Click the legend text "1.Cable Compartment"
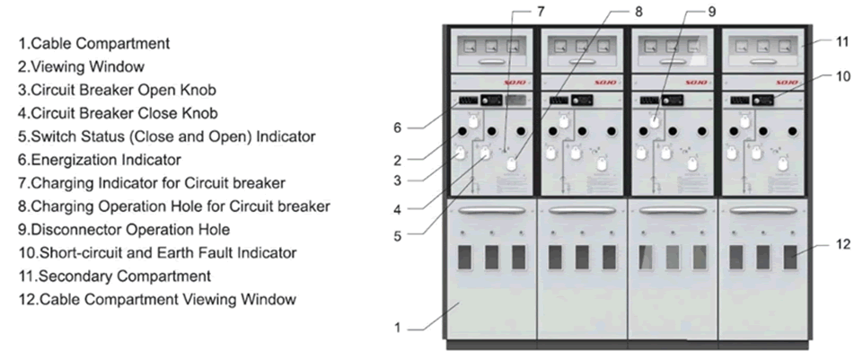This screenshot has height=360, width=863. point(94,43)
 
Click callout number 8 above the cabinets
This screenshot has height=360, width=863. point(639,12)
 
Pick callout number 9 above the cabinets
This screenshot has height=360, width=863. point(711,12)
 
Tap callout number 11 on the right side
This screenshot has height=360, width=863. point(842,41)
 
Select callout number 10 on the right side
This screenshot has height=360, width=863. point(842,76)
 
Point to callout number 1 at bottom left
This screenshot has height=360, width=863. point(397,328)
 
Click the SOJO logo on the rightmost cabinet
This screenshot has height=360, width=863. point(788,82)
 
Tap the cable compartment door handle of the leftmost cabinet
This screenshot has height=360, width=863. point(490,210)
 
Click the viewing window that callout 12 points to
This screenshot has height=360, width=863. point(789,257)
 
